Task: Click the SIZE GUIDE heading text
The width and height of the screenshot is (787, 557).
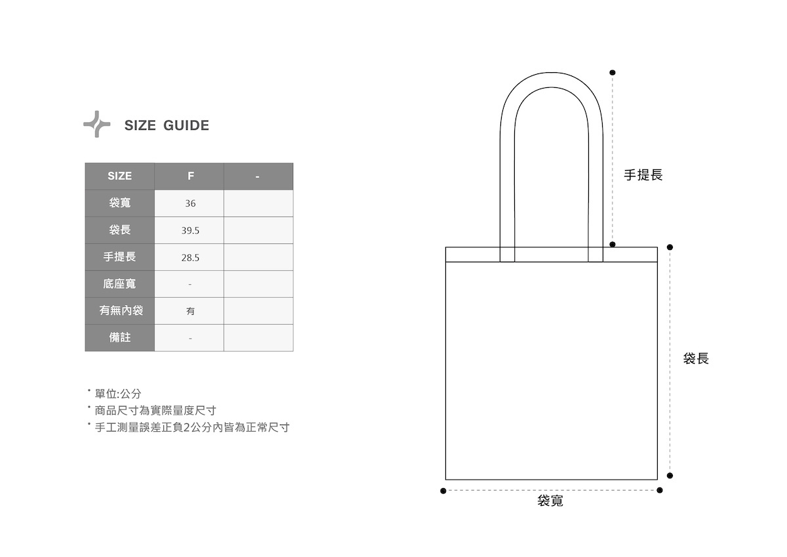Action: (x=167, y=125)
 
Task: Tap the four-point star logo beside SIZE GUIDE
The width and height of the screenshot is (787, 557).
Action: (x=96, y=124)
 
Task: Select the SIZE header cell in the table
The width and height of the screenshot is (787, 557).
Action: (x=119, y=176)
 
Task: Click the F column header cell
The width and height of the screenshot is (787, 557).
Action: (x=190, y=176)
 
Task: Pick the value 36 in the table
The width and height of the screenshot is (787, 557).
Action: (x=190, y=203)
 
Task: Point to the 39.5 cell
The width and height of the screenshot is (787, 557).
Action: (x=190, y=231)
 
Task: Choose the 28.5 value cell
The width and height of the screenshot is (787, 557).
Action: (x=190, y=258)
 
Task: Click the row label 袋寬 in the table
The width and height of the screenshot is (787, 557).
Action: (x=119, y=203)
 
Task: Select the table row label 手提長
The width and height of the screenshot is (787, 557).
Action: (x=119, y=257)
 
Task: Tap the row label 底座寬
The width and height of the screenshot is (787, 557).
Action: (x=119, y=284)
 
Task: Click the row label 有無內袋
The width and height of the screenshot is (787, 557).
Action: (x=121, y=310)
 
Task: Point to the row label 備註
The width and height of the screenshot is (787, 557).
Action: (x=119, y=337)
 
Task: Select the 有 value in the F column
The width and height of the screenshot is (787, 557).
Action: (x=190, y=312)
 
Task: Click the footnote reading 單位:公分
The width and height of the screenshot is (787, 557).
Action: (x=118, y=394)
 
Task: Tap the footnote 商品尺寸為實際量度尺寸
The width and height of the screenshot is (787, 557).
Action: (x=155, y=411)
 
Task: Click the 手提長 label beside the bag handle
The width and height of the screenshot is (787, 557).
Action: (x=643, y=175)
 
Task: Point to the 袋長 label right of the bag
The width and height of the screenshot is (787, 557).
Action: (x=696, y=359)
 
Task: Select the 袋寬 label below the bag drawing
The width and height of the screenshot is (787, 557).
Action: (x=550, y=501)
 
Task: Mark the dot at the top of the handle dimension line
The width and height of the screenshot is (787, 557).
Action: (x=613, y=72)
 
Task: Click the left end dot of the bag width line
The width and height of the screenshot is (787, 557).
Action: (x=443, y=491)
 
